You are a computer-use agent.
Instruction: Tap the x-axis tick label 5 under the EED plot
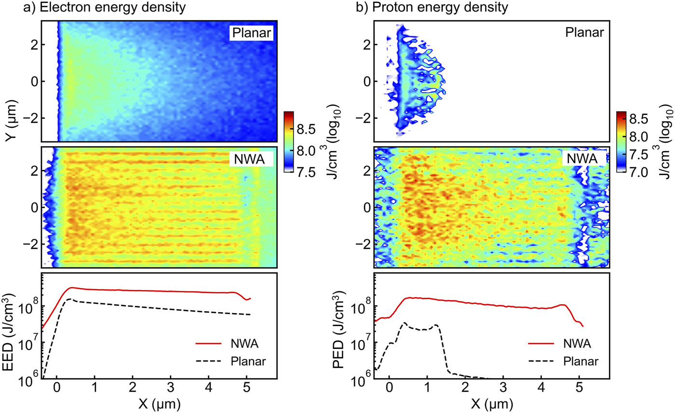coord(247,389)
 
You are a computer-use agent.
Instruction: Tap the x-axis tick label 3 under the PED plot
coord(503,389)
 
